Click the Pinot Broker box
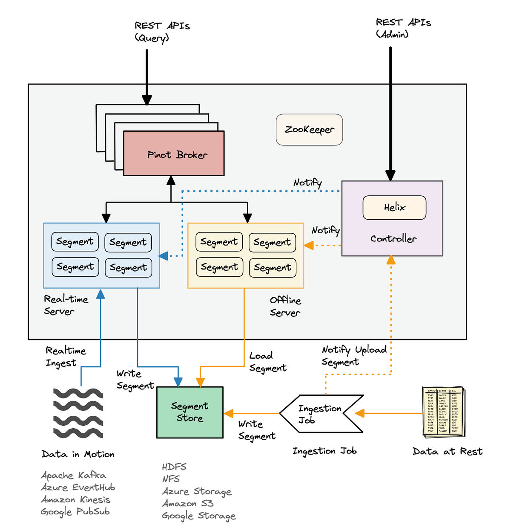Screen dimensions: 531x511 click(x=174, y=154)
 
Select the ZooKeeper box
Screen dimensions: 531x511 click(x=309, y=130)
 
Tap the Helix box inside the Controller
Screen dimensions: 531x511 click(x=394, y=208)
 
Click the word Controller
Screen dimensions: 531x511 click(x=393, y=239)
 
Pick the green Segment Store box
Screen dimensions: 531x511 click(x=190, y=412)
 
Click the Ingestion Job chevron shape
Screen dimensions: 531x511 click(x=320, y=414)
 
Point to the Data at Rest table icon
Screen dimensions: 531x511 click(x=443, y=412)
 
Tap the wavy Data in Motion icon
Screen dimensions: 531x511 click(x=78, y=413)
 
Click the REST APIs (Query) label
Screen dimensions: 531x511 click(x=162, y=32)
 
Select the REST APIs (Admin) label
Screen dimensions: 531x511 click(x=403, y=28)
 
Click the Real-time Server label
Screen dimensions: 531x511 click(x=66, y=305)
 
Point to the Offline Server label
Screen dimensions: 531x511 click(x=285, y=306)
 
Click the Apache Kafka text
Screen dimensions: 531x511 click(x=74, y=475)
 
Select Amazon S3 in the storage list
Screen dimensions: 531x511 click(x=187, y=504)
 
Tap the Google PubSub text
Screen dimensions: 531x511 click(x=75, y=511)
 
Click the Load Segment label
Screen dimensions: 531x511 click(x=267, y=362)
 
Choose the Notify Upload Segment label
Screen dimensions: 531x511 click(x=353, y=356)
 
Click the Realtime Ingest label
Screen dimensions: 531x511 click(x=66, y=357)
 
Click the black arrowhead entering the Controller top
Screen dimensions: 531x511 click(x=390, y=175)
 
